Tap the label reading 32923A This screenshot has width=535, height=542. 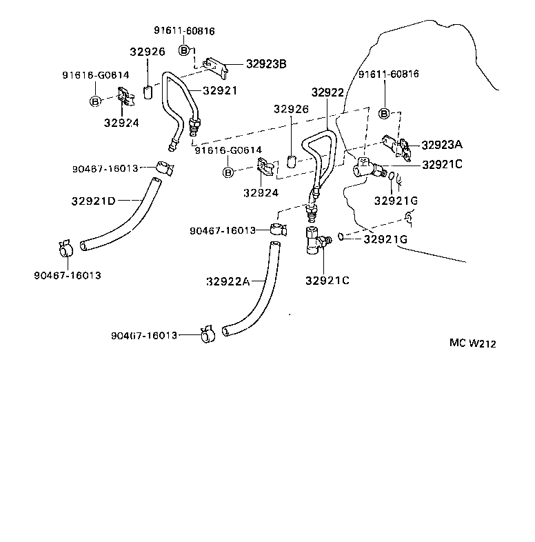tap(442, 145)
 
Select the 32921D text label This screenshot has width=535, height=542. tap(93, 201)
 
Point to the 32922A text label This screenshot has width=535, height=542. tap(227, 281)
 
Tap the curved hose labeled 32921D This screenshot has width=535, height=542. tap(121, 221)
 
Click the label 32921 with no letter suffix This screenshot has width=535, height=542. tap(220, 90)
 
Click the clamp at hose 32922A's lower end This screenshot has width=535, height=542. tap(207, 335)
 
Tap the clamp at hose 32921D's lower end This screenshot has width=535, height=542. tap(66, 248)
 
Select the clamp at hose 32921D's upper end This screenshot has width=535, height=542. tap(165, 168)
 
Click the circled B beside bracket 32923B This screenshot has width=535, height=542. tap(184, 50)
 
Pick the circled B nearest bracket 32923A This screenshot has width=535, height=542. tap(385, 113)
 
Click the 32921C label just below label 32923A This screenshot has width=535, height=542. tap(442, 165)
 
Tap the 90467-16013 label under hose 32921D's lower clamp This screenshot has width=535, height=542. tap(67, 275)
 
